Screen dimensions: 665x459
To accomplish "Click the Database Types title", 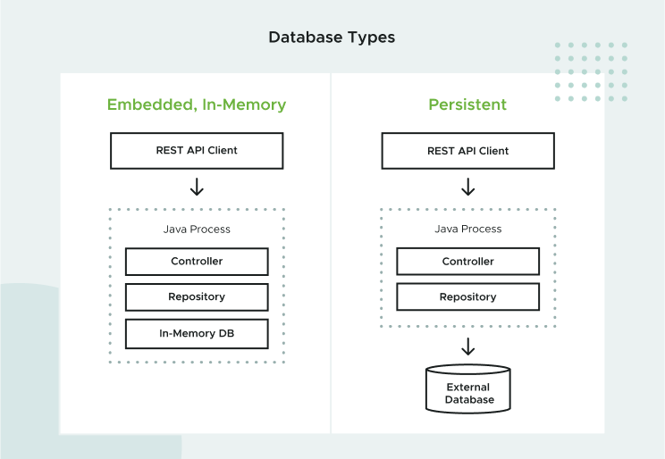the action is tap(332, 38).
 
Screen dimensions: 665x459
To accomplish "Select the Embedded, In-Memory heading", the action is tap(197, 104).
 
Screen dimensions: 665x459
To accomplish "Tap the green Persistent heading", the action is tap(467, 104).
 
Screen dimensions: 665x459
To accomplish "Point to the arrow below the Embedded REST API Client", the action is tap(197, 187).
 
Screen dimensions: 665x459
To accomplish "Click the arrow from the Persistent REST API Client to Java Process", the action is tap(467, 187).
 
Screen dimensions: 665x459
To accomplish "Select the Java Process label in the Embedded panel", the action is tap(197, 229).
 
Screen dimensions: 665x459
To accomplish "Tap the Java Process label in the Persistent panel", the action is tap(467, 229).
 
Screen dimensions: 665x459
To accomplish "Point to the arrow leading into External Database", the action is tap(467, 346).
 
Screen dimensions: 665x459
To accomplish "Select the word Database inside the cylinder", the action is tap(469, 400).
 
